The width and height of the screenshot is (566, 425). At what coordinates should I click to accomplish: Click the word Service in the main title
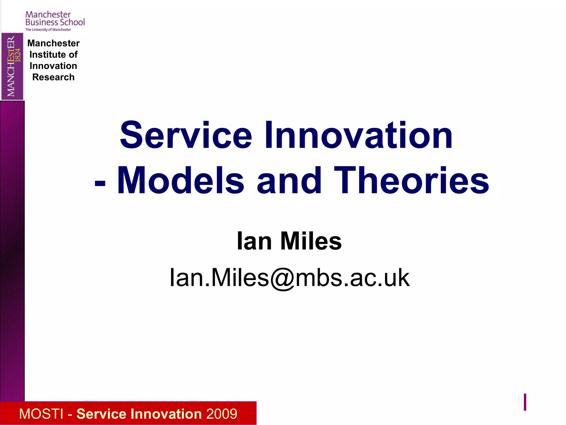[x=186, y=136]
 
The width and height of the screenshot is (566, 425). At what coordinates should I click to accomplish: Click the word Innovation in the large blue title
[x=358, y=136]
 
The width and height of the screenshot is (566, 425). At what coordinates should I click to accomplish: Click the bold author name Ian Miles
[x=289, y=241]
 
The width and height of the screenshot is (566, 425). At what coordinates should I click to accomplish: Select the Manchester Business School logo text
[x=55, y=18]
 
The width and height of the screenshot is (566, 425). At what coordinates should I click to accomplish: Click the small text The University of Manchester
[x=48, y=30]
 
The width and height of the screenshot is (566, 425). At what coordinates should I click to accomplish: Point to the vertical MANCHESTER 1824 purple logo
[x=12, y=66]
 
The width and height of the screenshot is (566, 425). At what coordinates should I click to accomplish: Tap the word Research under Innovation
[x=53, y=77]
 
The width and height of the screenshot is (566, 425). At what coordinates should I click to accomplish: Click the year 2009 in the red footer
[x=222, y=414]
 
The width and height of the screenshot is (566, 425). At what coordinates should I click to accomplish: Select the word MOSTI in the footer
[x=41, y=414]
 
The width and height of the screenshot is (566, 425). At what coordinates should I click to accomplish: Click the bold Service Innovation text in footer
[x=139, y=414]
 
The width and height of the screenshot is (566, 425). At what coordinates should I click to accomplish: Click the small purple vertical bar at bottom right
[x=525, y=402]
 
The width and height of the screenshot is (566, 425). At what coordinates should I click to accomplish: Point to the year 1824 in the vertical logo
[x=18, y=55]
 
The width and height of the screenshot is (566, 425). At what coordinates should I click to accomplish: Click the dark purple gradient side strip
[x=12, y=249]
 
